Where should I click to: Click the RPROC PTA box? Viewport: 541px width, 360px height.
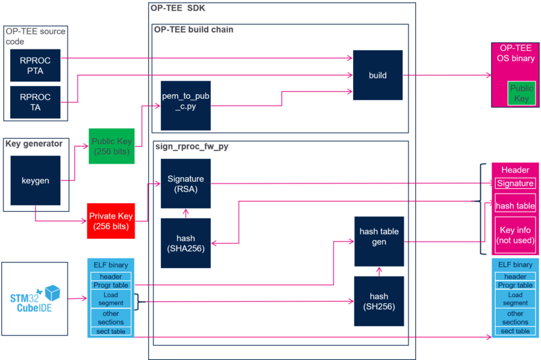point(35,65)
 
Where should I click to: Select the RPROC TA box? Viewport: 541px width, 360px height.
point(35,102)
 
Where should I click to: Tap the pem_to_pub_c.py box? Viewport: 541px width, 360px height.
point(185,106)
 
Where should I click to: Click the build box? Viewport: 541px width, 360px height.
point(378,75)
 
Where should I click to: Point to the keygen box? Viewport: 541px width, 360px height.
point(35,181)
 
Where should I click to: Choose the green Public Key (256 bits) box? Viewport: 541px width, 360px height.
point(112,146)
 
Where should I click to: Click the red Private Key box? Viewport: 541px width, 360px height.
point(111,221)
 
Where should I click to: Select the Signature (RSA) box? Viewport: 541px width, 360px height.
point(185,183)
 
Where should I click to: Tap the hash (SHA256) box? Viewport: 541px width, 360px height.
point(185,243)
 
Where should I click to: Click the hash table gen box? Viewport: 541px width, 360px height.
point(379,242)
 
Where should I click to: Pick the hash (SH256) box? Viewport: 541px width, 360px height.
point(379,301)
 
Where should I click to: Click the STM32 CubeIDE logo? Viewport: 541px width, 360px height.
point(35,298)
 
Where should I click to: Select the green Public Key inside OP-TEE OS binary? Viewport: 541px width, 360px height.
point(521,93)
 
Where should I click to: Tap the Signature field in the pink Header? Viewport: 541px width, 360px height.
point(515,183)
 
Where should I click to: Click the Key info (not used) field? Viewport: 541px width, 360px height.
point(515,235)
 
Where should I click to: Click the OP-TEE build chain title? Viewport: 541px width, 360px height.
point(193,30)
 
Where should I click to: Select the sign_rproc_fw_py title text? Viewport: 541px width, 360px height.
point(192,146)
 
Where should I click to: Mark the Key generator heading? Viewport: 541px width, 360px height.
point(34,143)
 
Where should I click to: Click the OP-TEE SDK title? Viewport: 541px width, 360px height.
point(178,8)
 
